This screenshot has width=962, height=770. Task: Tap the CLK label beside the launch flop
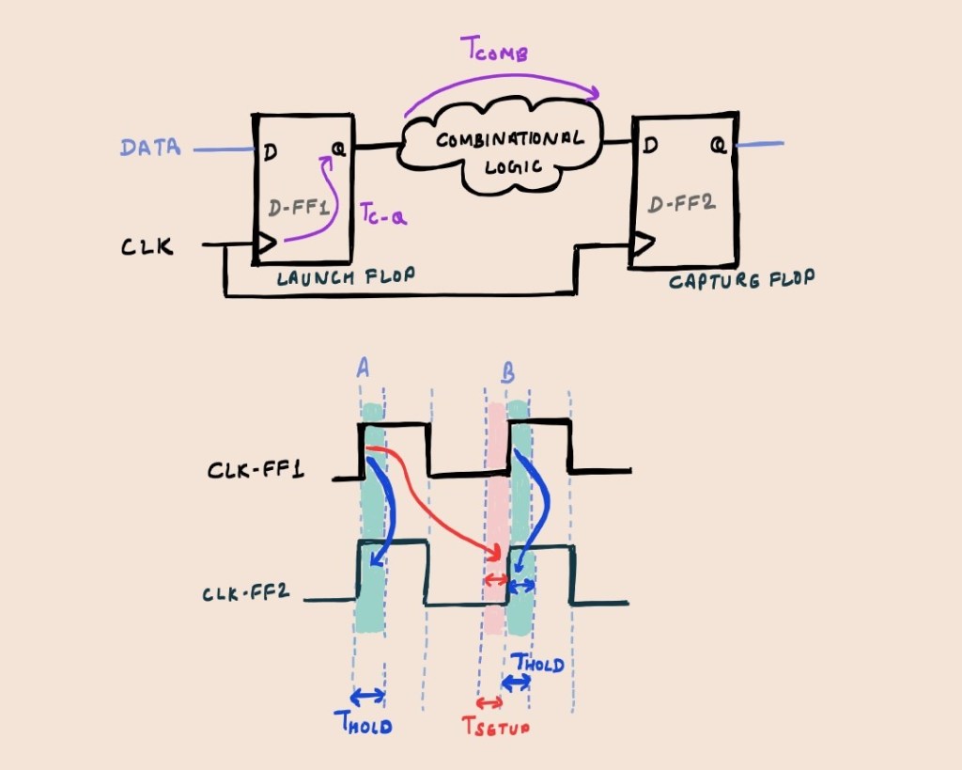coord(147,247)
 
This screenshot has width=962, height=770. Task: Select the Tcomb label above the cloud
coord(499,53)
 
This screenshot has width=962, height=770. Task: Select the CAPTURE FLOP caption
coord(741,280)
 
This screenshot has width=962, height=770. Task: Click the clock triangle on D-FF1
coord(265,244)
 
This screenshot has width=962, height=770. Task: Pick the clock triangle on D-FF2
coord(642,245)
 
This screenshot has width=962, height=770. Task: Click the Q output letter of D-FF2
coord(718,146)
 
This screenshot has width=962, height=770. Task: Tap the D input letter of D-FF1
coord(271,149)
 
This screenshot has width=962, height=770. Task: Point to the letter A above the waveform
coord(363,369)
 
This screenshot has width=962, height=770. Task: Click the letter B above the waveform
coord(507,373)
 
